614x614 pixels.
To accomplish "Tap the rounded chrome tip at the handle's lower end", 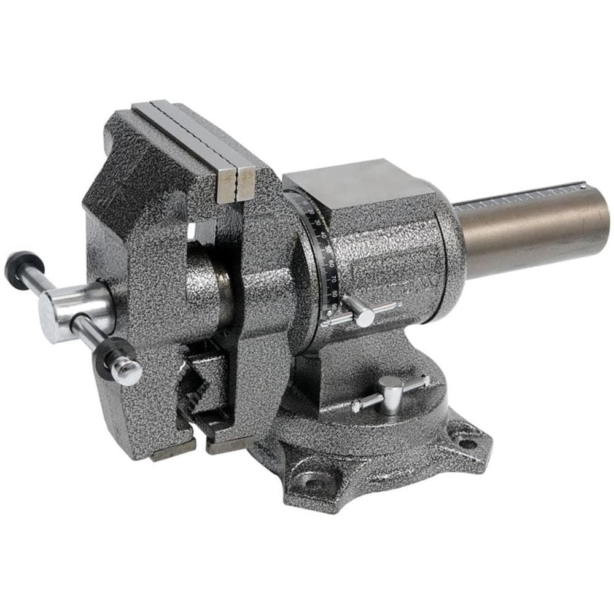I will tap(128, 371).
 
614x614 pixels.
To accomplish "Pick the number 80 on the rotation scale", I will tap(335, 293).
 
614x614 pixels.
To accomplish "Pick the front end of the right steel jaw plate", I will tap(246, 184).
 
